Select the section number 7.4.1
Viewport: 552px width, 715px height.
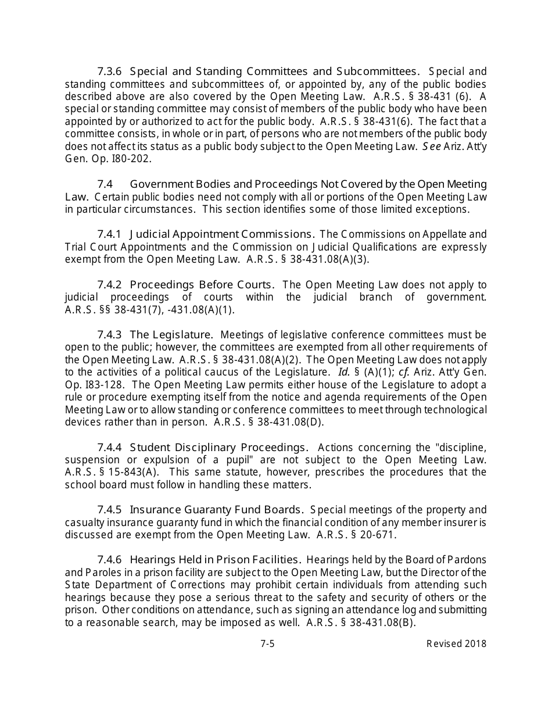[x=109, y=234]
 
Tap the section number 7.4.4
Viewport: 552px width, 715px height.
[x=109, y=448]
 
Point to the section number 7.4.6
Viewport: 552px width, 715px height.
[x=109, y=560]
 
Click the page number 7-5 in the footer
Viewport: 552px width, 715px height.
[x=267, y=643]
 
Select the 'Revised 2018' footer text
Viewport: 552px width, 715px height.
[x=456, y=643]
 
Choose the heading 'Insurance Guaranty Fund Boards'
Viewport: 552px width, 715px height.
[x=216, y=510]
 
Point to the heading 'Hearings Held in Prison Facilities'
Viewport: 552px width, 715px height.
[x=215, y=560]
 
